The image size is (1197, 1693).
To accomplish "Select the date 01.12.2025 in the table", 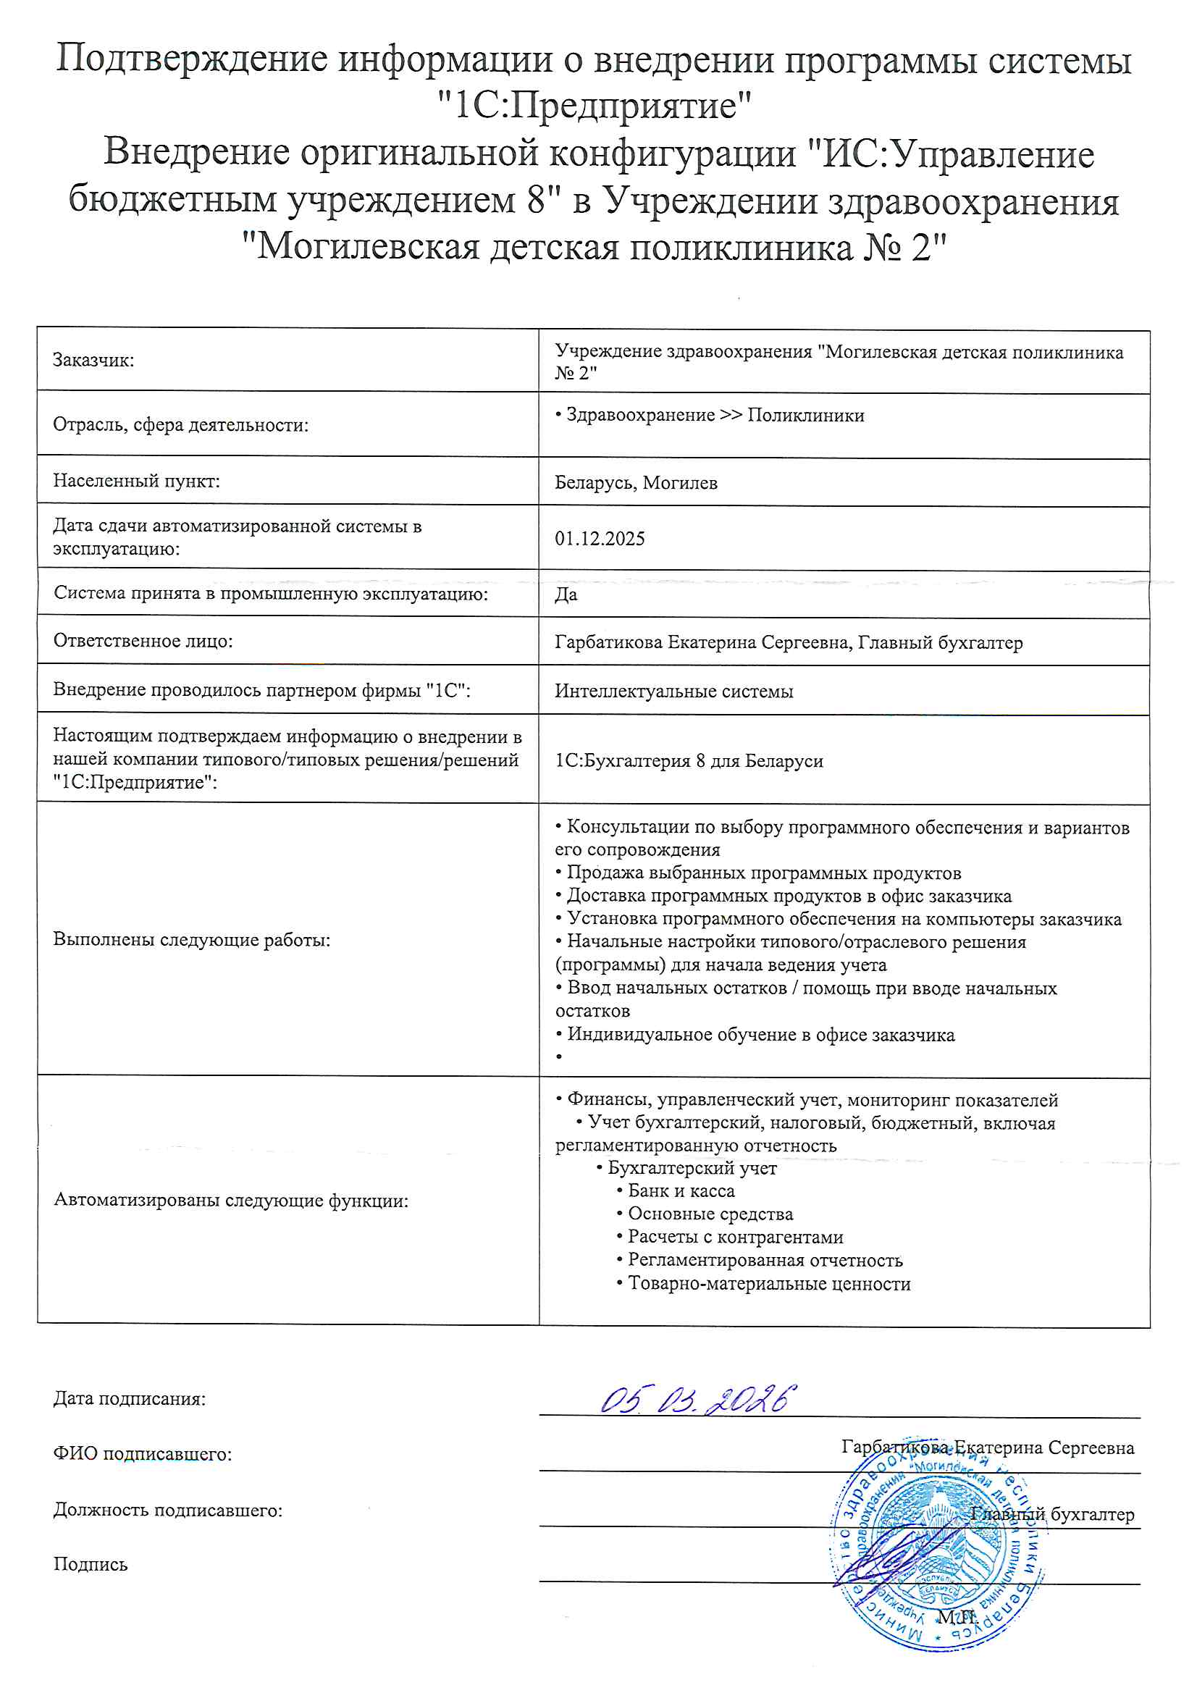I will coord(600,538).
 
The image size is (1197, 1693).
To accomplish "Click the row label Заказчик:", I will coord(93,361).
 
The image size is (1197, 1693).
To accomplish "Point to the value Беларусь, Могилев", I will coord(636,483).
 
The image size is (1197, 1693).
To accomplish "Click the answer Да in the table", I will coord(566,595).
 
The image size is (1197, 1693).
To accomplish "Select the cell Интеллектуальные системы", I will coord(673,691).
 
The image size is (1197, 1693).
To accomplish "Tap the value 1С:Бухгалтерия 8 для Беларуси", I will coord(688,760).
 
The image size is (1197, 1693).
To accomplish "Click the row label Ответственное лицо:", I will coord(143,641).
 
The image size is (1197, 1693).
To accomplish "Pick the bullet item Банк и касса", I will coord(680,1191).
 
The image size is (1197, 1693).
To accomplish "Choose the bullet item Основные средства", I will coord(710,1214).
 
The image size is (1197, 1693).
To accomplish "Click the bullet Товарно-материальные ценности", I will coord(768,1283).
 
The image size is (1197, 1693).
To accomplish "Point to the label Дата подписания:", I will coord(130,1399).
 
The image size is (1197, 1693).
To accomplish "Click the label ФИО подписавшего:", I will coord(143,1454).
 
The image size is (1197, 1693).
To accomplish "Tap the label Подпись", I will coord(91,1565).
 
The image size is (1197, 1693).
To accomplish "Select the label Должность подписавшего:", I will coord(168,1510).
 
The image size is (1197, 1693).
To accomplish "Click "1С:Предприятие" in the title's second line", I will coord(595,106).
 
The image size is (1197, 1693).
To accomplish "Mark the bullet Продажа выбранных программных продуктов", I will coord(763,873).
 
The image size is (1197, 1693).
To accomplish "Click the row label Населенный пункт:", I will coord(136,482).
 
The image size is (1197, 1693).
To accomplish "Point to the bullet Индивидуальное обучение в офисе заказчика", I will coord(760,1035).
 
